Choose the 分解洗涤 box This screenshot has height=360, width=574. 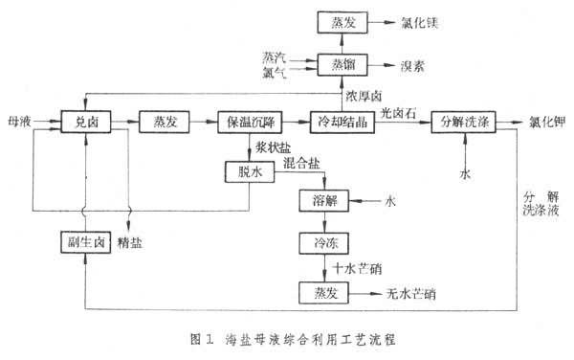(x=464, y=122)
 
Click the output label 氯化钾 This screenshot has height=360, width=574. (x=546, y=123)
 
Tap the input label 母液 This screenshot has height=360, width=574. (x=17, y=122)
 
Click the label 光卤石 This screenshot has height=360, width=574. (x=396, y=112)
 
